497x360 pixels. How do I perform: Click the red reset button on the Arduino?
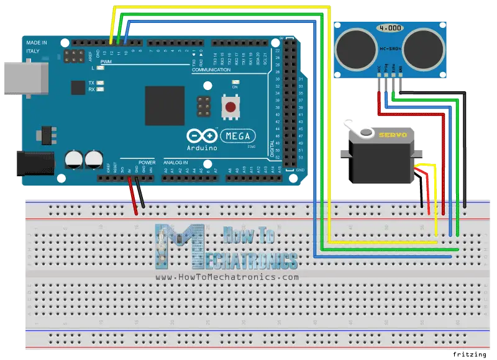[231, 107]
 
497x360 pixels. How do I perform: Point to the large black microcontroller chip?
[165, 106]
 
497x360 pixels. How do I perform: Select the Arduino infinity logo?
[203, 136]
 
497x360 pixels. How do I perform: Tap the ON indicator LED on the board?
[235, 87]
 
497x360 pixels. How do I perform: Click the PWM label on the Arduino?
[106, 62]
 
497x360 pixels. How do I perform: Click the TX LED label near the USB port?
[91, 83]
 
